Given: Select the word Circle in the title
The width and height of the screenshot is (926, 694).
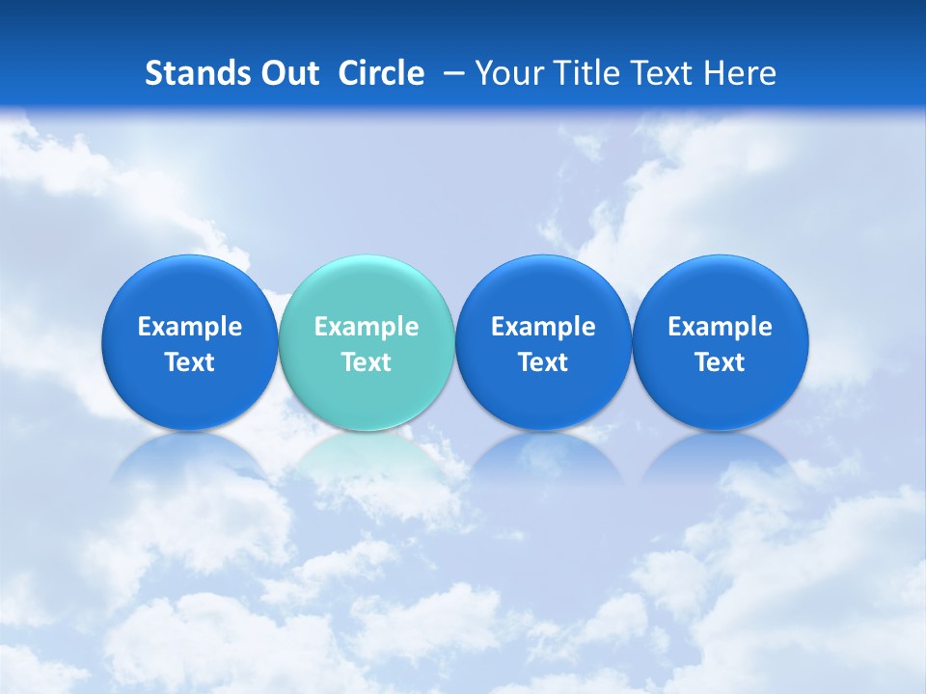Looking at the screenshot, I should point(381,73).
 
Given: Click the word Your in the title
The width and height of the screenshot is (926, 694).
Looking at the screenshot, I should point(510,73).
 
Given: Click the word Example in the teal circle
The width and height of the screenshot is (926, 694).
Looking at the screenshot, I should point(367,327).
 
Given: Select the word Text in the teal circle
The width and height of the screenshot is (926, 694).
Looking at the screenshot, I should point(367,362).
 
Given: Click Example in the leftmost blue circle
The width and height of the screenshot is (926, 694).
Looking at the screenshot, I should point(190,327).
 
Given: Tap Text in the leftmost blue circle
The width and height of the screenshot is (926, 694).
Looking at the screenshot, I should point(190,362).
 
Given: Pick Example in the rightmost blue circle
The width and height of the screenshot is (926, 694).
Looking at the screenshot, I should point(721,327).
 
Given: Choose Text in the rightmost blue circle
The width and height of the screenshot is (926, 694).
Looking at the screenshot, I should point(721,362).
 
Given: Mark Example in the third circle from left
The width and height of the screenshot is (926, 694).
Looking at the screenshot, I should point(543,327).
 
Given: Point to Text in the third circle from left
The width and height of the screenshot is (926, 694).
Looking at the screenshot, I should point(543,362).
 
